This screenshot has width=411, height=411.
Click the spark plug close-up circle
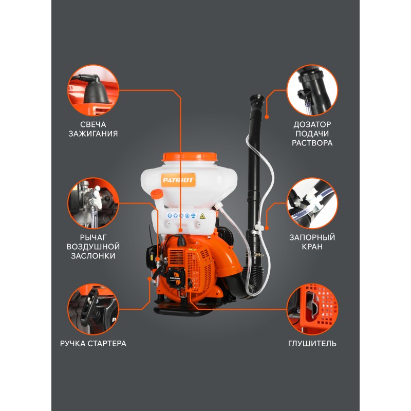[x=93, y=90]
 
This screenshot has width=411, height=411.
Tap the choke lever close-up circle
[x=93, y=203]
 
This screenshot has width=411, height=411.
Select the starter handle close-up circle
[x=93, y=309]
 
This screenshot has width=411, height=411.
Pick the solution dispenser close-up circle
[x=312, y=90]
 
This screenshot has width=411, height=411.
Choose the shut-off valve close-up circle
[x=312, y=203]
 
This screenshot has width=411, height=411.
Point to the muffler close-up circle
[x=312, y=309]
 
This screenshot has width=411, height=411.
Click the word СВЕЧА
[x=93, y=124]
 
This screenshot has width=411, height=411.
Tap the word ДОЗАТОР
[x=312, y=124]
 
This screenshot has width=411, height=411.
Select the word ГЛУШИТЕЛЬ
[x=312, y=343]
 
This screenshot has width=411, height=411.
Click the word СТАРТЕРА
[x=107, y=343]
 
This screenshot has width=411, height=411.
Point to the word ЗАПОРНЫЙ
[x=312, y=237]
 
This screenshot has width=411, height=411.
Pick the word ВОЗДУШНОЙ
[x=93, y=247]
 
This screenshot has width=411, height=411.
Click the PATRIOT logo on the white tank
[x=178, y=180]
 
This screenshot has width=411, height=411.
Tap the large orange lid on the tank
[x=190, y=157]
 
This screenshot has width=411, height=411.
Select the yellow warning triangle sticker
[x=202, y=216]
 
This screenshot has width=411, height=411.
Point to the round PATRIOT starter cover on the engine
[x=175, y=278]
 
